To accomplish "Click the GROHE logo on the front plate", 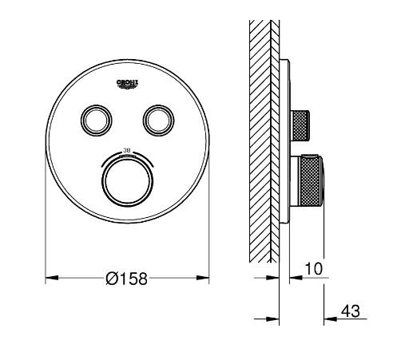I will pos(127,82).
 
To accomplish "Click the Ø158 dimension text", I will pos(126,279).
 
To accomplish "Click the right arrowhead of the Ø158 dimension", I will pos(203,279).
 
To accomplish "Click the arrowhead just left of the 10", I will pos(296,279).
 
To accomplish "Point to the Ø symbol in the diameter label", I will pos(113,279).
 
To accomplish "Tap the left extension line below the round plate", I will pos(46,239).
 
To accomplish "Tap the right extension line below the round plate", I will pos(208,239).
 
